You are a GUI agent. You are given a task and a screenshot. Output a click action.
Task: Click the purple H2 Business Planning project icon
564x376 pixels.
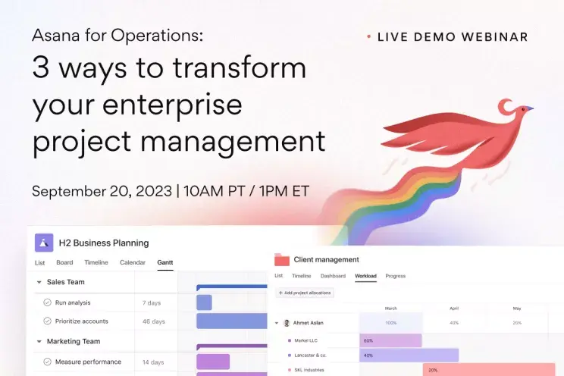pos(44,243)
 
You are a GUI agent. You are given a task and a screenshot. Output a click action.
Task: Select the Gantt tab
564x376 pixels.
pos(164,263)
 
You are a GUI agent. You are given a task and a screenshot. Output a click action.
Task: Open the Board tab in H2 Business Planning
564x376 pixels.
pos(64,263)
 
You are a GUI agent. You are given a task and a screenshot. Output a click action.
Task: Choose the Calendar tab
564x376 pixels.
pos(133,263)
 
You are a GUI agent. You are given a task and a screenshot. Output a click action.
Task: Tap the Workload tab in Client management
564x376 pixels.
pos(365,276)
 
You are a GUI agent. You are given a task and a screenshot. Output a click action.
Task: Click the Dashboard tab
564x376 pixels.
pos(333,276)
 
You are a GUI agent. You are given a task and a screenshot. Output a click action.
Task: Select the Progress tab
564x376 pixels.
pos(395,276)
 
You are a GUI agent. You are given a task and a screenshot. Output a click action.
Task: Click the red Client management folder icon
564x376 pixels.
pos(282,259)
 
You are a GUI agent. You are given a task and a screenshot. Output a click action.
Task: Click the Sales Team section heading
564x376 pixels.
pos(65,282)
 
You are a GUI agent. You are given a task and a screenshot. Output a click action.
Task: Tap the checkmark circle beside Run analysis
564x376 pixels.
pos(47,302)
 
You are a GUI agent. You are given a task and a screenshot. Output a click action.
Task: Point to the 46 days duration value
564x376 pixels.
pos(153,321)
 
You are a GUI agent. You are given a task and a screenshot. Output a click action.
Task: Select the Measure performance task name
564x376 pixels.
pos(88,362)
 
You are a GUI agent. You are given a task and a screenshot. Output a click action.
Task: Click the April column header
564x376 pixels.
pos(454,309)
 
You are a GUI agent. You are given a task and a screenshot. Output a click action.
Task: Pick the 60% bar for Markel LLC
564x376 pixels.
pos(390,340)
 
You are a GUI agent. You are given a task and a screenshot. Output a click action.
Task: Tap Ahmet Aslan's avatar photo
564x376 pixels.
pos(287,323)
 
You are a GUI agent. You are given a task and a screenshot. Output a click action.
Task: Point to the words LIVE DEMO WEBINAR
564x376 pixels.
pos(452,36)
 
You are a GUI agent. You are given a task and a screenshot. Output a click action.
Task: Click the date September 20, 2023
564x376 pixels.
pos(102,191)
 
